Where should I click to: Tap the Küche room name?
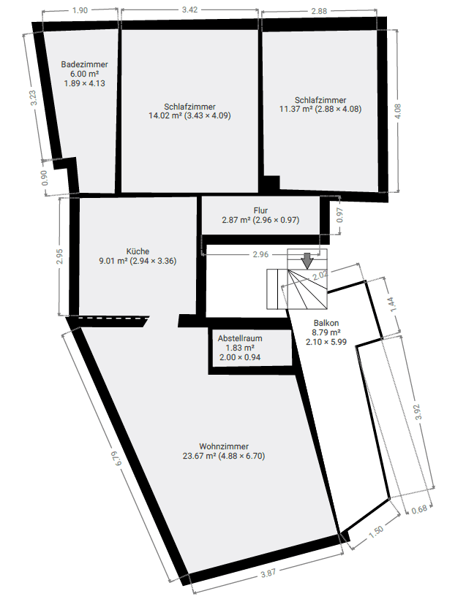[138, 251]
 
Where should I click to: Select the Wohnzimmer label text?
[223, 446]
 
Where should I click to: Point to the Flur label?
[260, 210]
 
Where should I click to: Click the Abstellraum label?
[240, 338]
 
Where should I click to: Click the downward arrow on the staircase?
[307, 260]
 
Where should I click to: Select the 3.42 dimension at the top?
[190, 10]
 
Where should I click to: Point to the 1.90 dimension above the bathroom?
[80, 10]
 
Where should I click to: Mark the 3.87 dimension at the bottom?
[268, 574]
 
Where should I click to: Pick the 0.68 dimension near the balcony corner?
[420, 510]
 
